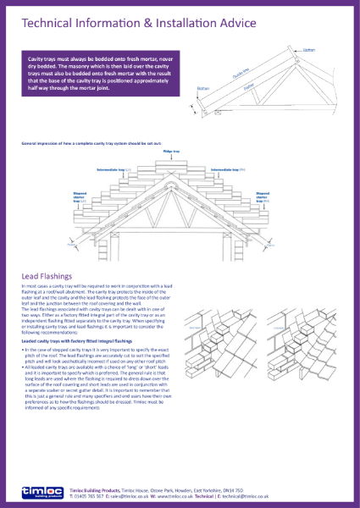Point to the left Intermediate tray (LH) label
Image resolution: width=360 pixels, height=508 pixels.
click(x=113, y=169)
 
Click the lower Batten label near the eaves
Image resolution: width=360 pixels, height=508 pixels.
click(x=202, y=88)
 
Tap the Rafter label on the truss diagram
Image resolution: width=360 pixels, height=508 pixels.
click(x=249, y=86)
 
